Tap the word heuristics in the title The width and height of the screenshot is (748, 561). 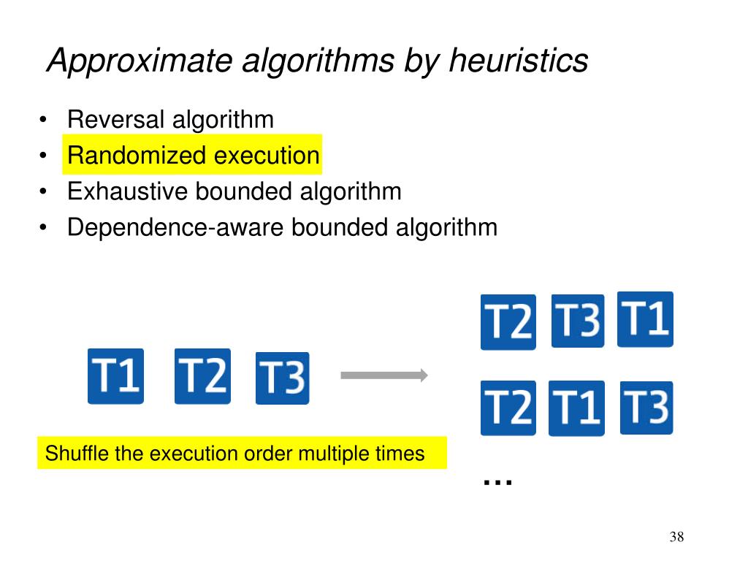[x=518, y=60]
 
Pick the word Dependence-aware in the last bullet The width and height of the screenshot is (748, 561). [x=176, y=227]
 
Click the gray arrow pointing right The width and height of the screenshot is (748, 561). [x=384, y=375]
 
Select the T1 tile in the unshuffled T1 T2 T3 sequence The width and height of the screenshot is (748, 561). [x=115, y=376]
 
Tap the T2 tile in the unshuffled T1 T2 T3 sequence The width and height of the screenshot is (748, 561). [x=202, y=376]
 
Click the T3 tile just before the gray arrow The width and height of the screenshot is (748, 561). [x=282, y=378]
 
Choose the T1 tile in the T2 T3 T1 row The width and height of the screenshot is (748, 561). [x=645, y=319]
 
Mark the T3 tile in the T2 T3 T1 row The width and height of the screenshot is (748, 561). [x=578, y=321]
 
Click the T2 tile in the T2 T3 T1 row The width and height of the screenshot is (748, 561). [x=508, y=322]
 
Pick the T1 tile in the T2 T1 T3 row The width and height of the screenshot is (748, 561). [x=576, y=408]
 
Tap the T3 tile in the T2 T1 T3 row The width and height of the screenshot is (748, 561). [x=646, y=408]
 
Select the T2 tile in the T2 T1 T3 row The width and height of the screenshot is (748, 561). [x=508, y=408]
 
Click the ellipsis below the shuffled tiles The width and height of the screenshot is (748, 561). [x=498, y=481]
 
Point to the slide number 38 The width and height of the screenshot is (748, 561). [x=676, y=538]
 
